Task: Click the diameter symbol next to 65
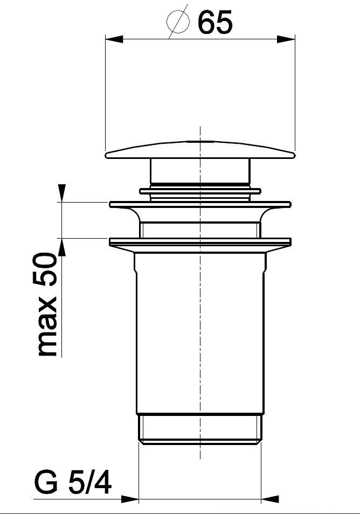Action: point(178,22)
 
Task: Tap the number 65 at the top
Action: point(216,22)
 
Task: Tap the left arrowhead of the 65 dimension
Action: point(114,39)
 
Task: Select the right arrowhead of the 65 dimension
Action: point(286,39)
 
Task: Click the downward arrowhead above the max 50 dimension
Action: point(61,193)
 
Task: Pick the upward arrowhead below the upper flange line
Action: point(61,247)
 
